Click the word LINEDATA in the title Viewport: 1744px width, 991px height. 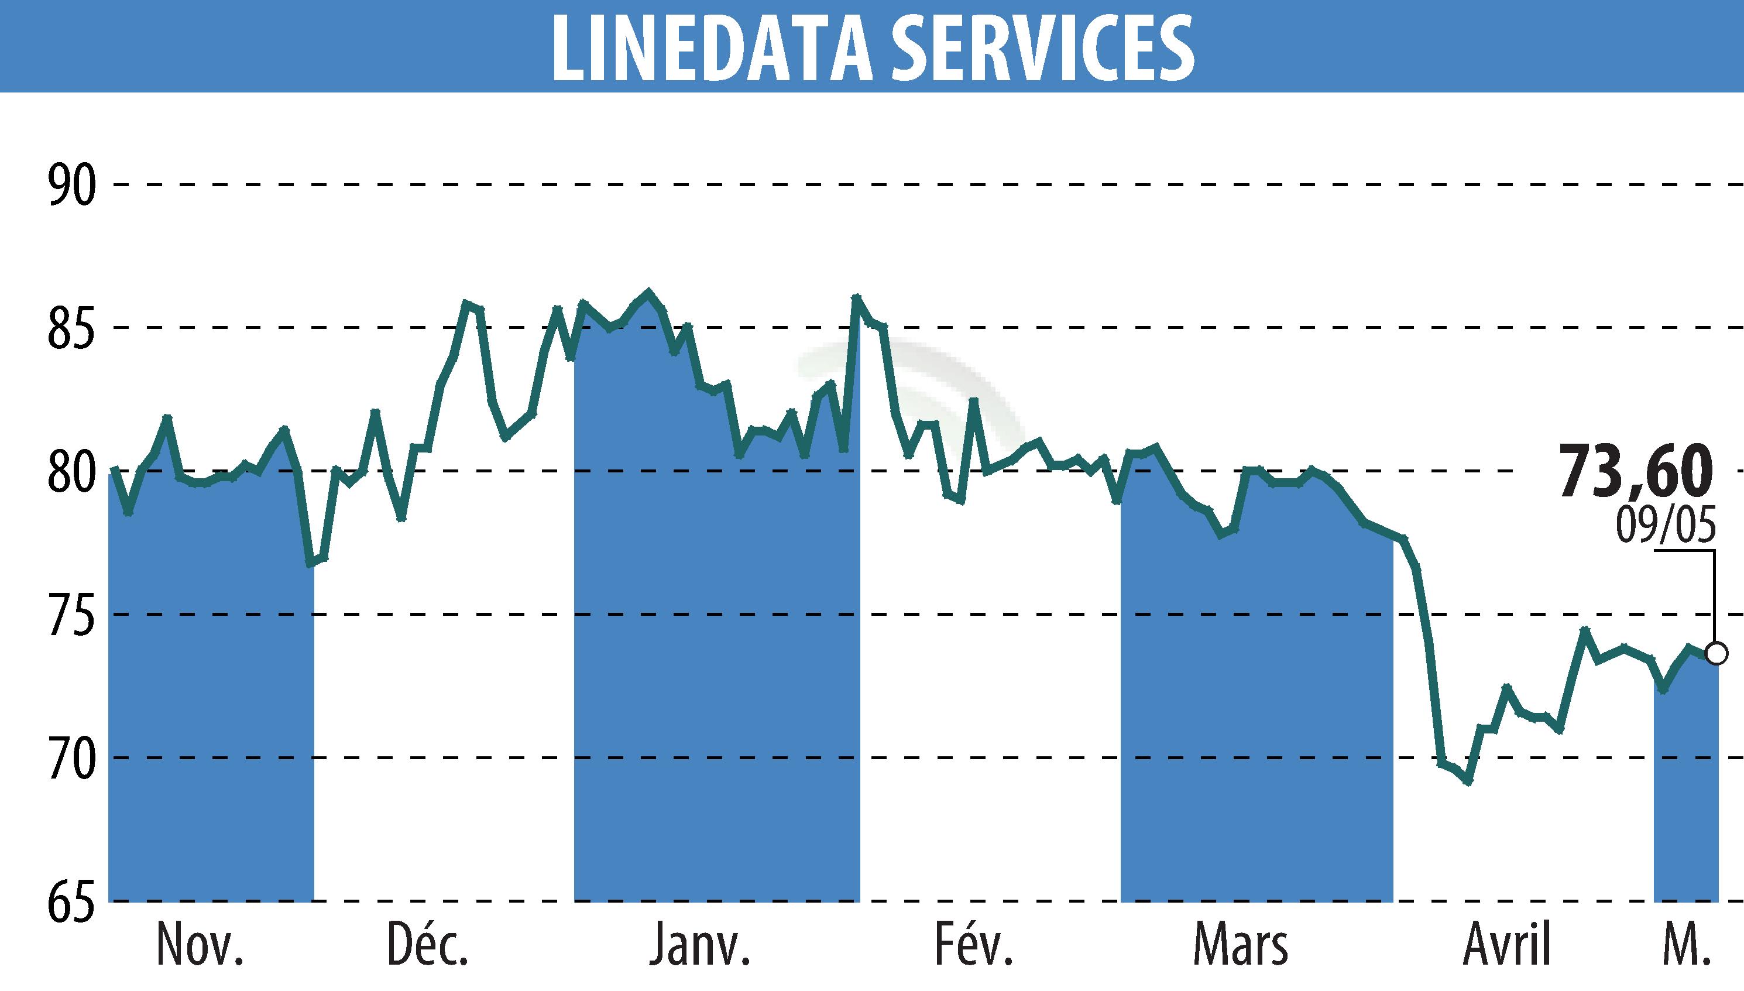tap(711, 47)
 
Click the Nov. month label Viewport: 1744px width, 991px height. tap(200, 945)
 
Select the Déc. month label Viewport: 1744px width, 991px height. tap(428, 945)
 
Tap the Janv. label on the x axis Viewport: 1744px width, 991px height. tap(699, 945)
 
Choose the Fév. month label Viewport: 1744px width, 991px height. tap(974, 945)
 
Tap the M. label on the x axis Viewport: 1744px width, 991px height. tap(1685, 945)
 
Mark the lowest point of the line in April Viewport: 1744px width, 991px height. tap(1468, 781)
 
